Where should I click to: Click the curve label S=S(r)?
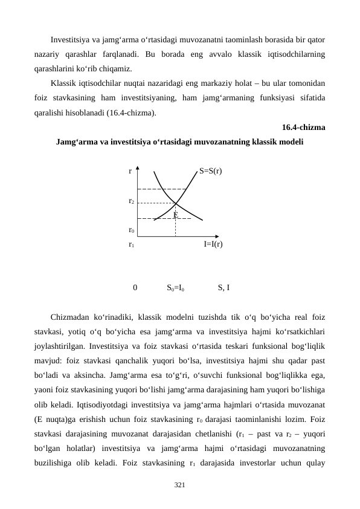[210, 171]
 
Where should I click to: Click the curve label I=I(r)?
[213, 244]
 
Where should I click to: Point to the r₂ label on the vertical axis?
[131, 200]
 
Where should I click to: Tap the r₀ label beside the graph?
[131, 230]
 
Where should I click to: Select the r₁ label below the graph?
[131, 244]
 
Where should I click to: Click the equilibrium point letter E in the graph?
[175, 215]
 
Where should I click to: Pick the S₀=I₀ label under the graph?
[176, 288]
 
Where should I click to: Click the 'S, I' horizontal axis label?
[223, 288]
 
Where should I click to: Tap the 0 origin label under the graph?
[135, 288]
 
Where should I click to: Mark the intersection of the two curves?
[175, 204]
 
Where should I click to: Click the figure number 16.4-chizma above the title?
[303, 128]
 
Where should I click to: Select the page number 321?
[179, 485]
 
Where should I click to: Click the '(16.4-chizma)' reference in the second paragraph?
[134, 112]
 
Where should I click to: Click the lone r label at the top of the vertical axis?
[130, 171]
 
